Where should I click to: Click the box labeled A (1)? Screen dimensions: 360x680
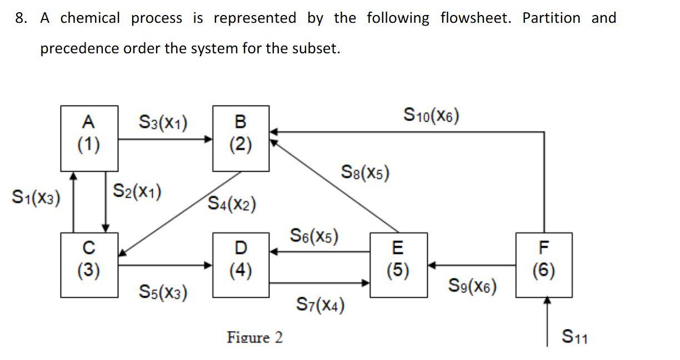pyautogui.click(x=89, y=138)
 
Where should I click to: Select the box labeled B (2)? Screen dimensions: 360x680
pyautogui.click(x=241, y=138)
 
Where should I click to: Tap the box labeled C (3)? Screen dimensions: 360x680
pyautogui.click(x=89, y=264)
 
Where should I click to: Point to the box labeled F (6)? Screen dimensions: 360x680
pyautogui.click(x=543, y=264)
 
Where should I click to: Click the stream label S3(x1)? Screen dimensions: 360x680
pyautogui.click(x=163, y=122)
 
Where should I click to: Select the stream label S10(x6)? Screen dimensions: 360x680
pyautogui.click(x=431, y=116)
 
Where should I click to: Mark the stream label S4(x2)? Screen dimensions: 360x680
pyautogui.click(x=232, y=204)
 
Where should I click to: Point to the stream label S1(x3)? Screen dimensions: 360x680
pyautogui.click(x=36, y=197)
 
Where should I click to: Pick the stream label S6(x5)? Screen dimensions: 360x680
pyautogui.click(x=314, y=236)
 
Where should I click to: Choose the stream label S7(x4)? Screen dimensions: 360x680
pyautogui.click(x=320, y=304)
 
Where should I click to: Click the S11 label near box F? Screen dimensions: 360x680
pyautogui.click(x=574, y=337)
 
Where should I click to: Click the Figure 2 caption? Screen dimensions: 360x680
pyautogui.click(x=254, y=337)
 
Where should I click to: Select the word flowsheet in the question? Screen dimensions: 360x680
pyautogui.click(x=475, y=18)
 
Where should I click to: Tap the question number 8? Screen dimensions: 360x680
pyautogui.click(x=21, y=18)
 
